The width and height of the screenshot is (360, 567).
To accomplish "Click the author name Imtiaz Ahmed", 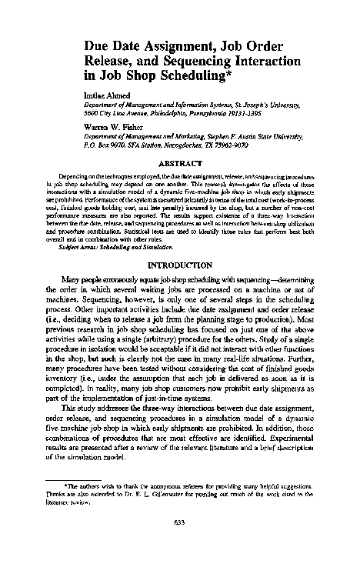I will click(x=102, y=95).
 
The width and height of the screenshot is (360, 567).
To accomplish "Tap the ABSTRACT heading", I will click(x=178, y=163).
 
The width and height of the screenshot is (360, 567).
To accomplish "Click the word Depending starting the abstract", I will click(x=75, y=176).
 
